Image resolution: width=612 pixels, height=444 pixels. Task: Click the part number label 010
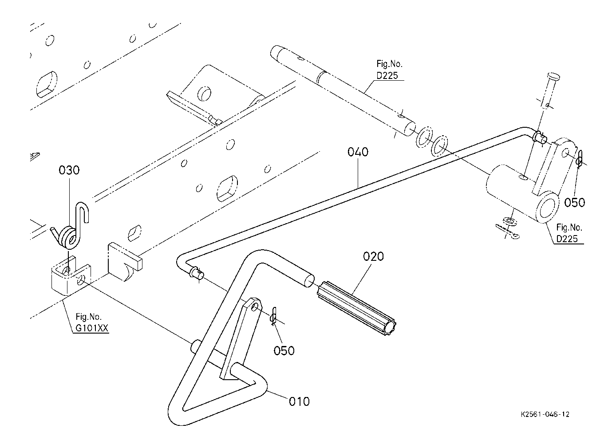(x=299, y=402)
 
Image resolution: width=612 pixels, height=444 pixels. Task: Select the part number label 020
(x=373, y=256)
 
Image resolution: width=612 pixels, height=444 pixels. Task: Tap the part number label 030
(x=69, y=170)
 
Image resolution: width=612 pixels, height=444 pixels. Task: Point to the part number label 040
(x=358, y=152)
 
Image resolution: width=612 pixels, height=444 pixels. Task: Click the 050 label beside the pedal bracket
(x=284, y=351)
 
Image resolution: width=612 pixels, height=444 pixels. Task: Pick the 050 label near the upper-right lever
(x=575, y=203)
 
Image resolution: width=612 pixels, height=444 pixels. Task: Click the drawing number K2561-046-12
(x=545, y=415)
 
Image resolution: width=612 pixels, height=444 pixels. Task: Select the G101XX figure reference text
(x=92, y=328)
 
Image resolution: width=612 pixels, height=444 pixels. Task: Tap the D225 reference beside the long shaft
(x=387, y=75)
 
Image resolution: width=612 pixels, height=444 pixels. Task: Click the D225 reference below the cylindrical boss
(x=567, y=239)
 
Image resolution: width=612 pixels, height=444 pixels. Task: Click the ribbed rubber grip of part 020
(x=356, y=308)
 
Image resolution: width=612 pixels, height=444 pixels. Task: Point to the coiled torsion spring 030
(x=67, y=236)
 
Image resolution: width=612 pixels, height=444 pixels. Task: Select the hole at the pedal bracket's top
(x=255, y=308)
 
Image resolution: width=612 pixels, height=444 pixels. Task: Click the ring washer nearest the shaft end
(x=424, y=138)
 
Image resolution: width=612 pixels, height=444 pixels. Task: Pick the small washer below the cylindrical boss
(x=509, y=221)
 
